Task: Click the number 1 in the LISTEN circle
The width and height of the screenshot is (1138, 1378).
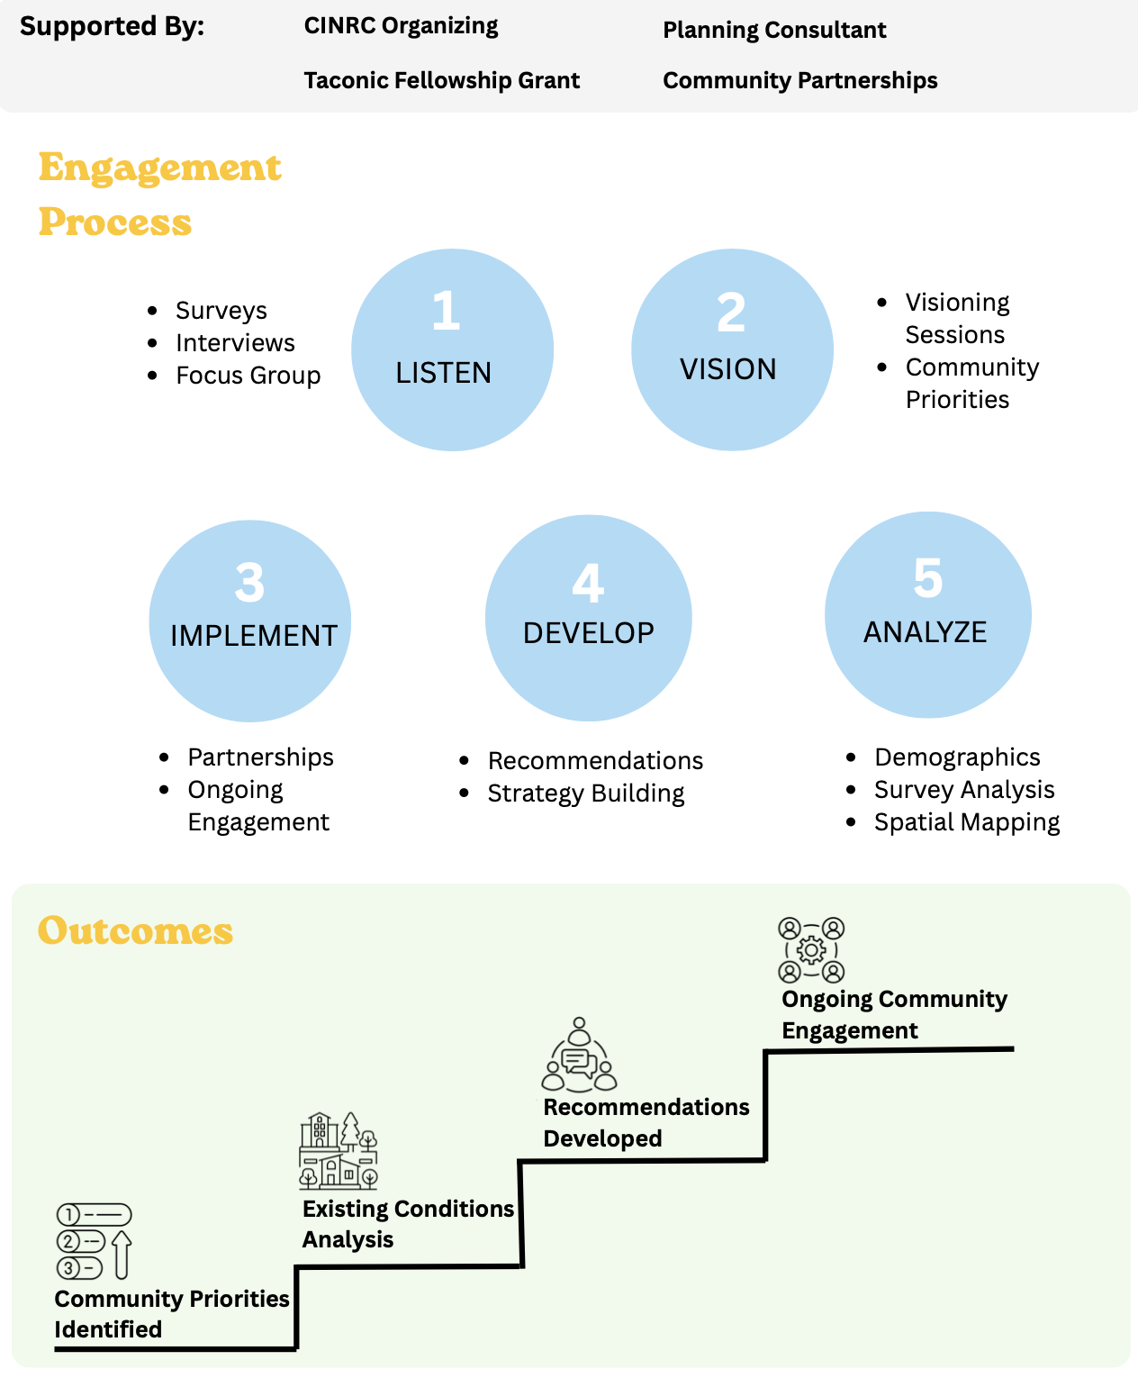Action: tap(446, 310)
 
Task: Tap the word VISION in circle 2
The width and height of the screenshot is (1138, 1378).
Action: tap(727, 369)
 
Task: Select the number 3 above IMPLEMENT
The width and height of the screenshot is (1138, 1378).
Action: tap(249, 583)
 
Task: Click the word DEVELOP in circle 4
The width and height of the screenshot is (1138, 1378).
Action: tap(589, 633)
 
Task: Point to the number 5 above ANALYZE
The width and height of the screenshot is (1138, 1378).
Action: tap(927, 578)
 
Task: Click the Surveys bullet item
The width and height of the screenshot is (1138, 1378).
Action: tap(221, 310)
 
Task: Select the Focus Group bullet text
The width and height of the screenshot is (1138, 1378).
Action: tap(248, 375)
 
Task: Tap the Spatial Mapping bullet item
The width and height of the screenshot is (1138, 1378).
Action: tap(967, 822)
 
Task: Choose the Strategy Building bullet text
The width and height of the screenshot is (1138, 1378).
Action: tap(586, 793)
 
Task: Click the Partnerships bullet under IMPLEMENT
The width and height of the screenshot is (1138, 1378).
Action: tap(260, 757)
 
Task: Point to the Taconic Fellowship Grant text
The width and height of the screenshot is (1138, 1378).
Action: tap(441, 80)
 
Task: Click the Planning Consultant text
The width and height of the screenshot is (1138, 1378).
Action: tap(774, 30)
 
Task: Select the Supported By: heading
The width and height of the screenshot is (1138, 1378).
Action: tap(113, 26)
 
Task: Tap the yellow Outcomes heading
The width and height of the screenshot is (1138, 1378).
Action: tap(135, 930)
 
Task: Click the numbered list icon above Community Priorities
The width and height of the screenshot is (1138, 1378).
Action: tap(94, 1241)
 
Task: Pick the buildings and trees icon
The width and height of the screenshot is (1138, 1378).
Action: tap(339, 1151)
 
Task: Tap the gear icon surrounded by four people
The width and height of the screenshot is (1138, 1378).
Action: tap(811, 950)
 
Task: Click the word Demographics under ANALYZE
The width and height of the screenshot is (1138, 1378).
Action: tap(957, 757)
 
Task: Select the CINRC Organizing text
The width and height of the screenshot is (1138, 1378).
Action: tap(402, 26)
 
